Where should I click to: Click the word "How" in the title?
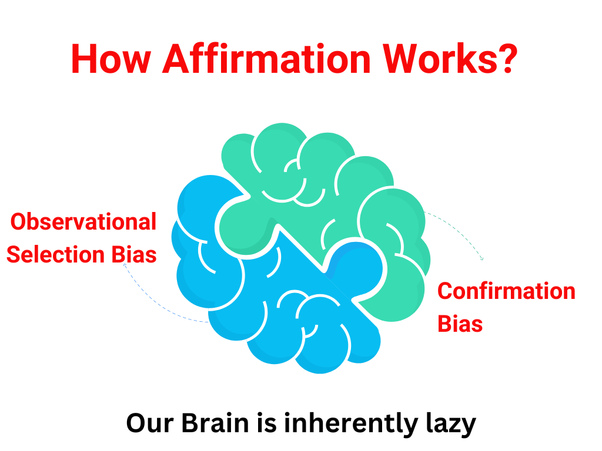(x=111, y=59)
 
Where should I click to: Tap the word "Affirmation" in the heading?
(x=266, y=58)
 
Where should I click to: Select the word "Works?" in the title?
(x=450, y=58)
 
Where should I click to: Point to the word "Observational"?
(x=83, y=221)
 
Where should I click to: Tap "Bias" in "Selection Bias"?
(x=134, y=255)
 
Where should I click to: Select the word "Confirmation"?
(x=506, y=291)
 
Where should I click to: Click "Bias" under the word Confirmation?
(x=460, y=324)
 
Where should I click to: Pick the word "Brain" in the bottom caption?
(x=215, y=423)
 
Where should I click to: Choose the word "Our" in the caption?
(x=150, y=424)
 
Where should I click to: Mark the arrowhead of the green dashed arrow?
(x=482, y=259)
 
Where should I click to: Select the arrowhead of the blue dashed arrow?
(x=125, y=265)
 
